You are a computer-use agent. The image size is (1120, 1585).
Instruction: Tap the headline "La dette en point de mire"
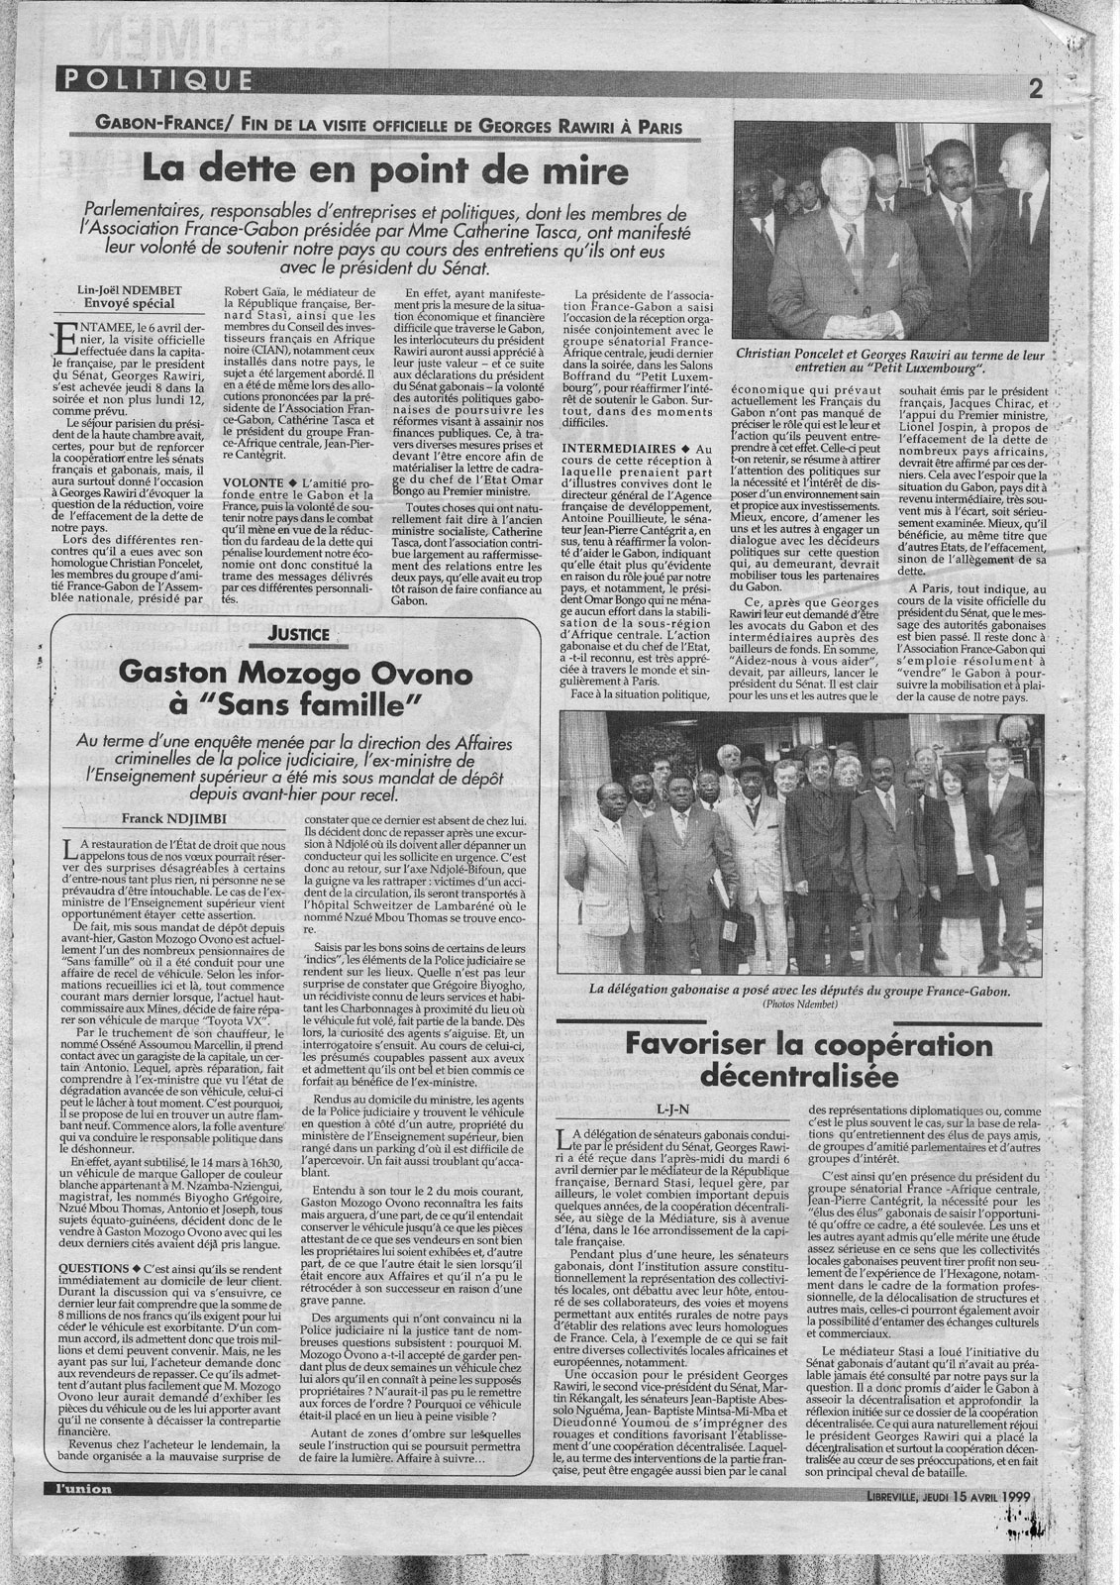[x=386, y=170]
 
